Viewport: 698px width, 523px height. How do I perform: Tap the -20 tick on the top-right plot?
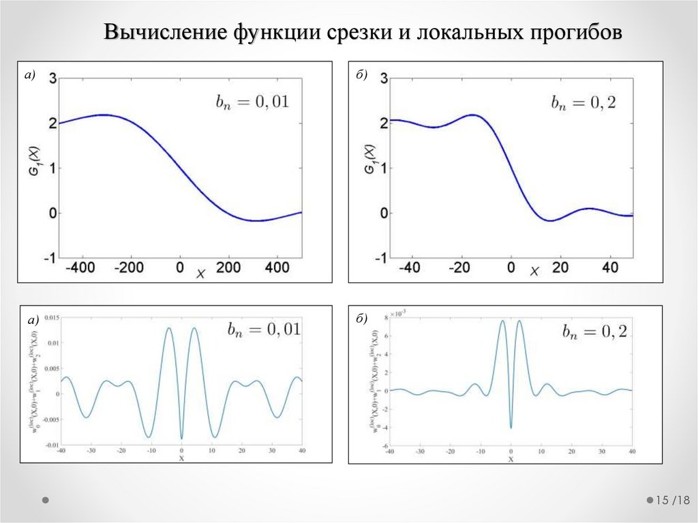click(460, 269)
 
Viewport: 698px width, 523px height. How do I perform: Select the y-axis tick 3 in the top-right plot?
click(384, 78)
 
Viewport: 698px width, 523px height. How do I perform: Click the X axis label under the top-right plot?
click(534, 273)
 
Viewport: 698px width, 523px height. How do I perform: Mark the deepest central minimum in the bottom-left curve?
click(181, 438)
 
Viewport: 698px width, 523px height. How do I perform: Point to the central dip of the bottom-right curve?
click(511, 428)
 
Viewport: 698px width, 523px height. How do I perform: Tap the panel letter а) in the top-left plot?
click(29, 76)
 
